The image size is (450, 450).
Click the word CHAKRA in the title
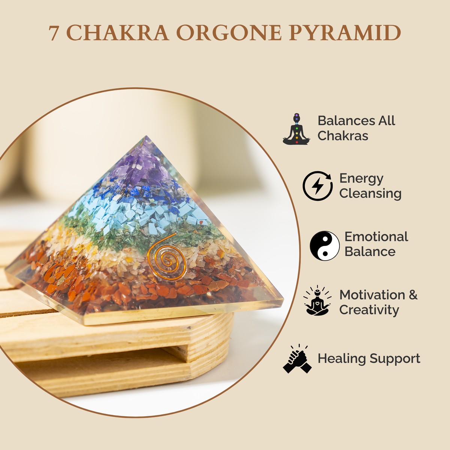tap(117, 33)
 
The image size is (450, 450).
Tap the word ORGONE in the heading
tap(229, 33)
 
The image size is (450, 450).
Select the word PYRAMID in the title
tap(345, 33)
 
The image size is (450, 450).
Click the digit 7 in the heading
tap(54, 33)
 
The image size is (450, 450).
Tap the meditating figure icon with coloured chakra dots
tap(296, 129)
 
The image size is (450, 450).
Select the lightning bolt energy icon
tap(318, 186)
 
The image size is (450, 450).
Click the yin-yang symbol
tap(325, 246)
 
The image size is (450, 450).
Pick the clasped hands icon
tap(297, 359)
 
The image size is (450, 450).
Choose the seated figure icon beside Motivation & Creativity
tap(317, 300)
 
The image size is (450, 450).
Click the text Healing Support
tap(369, 359)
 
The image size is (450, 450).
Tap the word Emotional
tap(376, 237)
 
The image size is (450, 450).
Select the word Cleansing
tap(370, 194)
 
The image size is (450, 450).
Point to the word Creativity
tap(369, 310)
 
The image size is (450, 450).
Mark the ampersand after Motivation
tap(413, 295)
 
